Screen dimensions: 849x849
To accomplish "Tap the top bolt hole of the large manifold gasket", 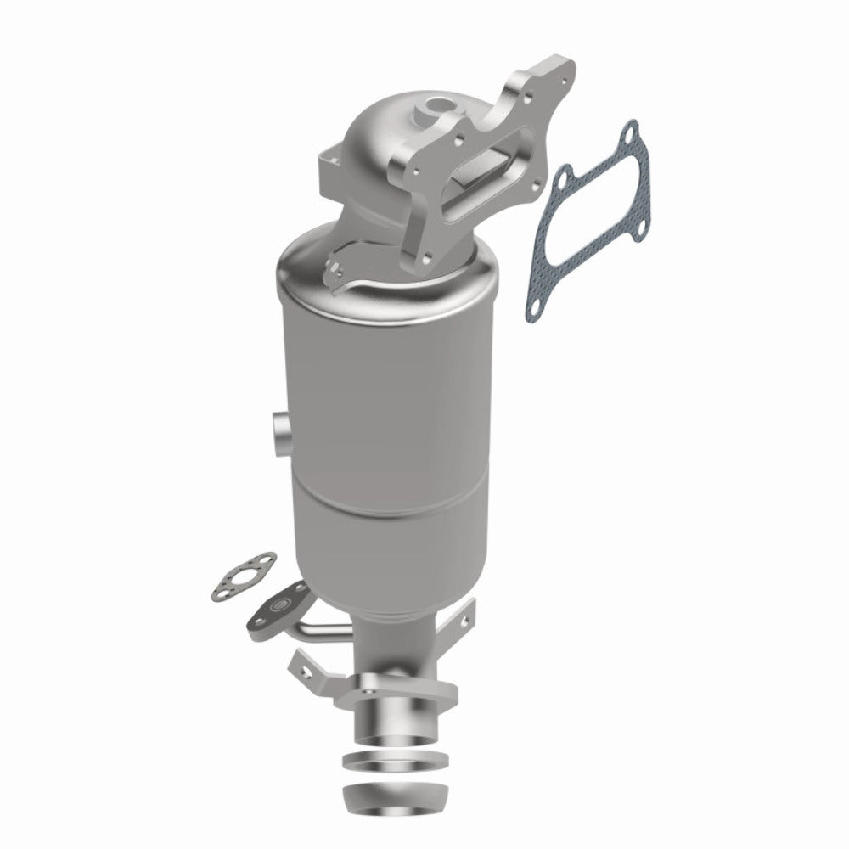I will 628,132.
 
